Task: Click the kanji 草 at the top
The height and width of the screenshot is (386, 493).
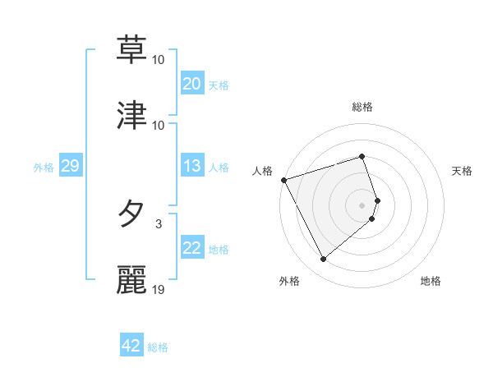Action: [131, 48]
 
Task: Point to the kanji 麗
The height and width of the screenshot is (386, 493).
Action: [131, 280]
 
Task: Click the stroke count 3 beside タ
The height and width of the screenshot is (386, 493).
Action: [159, 223]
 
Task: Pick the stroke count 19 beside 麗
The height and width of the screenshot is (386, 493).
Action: [159, 290]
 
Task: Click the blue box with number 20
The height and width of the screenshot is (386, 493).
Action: [192, 83]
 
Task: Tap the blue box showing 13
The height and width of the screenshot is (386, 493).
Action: [192, 166]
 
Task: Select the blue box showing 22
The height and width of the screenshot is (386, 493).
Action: [192, 248]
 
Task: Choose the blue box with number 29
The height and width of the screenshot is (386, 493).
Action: [70, 166]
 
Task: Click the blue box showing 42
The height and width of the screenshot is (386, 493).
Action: [131, 346]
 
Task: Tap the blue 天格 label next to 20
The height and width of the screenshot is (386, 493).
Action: [219, 85]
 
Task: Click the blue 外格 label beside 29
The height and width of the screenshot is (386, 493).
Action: [44, 167]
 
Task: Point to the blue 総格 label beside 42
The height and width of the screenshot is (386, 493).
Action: [158, 347]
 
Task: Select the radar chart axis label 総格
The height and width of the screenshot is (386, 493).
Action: [362, 107]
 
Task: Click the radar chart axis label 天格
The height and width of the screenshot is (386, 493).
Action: [463, 171]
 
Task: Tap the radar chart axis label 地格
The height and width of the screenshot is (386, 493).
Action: [431, 281]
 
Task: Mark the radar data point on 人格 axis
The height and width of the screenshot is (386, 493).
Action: [283, 180]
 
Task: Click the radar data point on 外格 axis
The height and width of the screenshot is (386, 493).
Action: [323, 260]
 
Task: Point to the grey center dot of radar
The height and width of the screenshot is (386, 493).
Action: [362, 204]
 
